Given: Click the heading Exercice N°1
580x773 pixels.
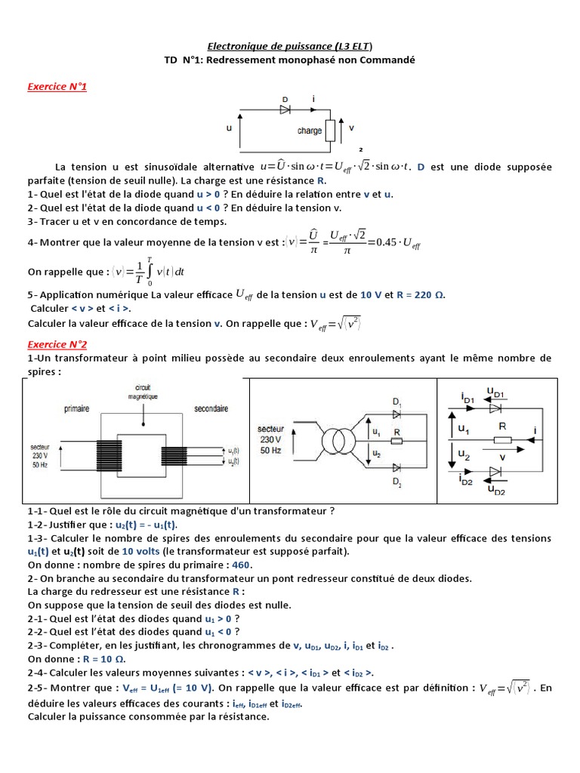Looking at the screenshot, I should click(57, 88).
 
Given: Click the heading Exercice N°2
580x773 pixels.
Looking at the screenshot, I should click(57, 344).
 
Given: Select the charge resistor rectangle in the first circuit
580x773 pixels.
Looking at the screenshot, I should click(330, 130).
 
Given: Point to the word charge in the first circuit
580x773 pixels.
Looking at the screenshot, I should click(310, 131).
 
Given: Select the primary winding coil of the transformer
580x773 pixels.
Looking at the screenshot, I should click(108, 455).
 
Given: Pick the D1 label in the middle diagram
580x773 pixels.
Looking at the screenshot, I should click(397, 401).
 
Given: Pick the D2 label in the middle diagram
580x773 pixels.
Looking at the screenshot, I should click(397, 481).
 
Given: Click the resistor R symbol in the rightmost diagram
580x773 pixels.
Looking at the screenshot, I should click(501, 440).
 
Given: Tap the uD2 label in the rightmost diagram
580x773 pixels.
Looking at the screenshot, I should click(500, 490).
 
